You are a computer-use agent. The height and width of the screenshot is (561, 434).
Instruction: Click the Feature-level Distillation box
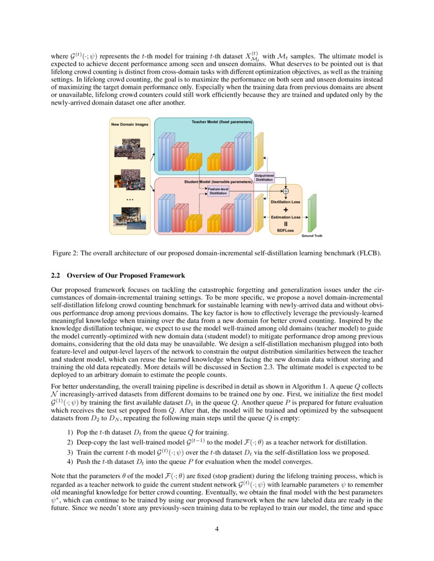[218, 191]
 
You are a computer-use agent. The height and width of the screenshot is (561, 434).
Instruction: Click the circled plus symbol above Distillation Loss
[285, 191]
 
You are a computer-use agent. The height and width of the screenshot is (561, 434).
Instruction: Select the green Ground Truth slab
[312, 213]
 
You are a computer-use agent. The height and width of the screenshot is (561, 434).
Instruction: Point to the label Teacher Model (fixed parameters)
[222, 122]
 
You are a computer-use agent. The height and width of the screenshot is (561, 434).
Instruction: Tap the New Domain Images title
[130, 124]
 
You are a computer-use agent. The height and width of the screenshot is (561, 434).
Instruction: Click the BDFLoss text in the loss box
[285, 231]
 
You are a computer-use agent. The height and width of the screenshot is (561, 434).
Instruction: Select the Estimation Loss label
[285, 217]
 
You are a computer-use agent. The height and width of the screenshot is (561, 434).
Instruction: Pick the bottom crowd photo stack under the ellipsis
[130, 216]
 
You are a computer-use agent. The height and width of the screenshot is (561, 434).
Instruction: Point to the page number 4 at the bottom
[217, 528]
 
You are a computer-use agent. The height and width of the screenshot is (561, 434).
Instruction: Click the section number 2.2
[56, 276]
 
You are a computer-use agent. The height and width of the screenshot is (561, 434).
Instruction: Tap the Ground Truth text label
[311, 236]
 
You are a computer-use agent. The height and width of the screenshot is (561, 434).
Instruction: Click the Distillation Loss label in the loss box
[285, 202]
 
